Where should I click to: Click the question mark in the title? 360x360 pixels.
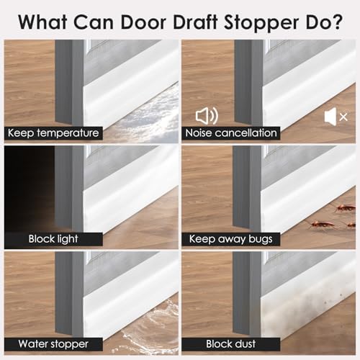tap(338, 21)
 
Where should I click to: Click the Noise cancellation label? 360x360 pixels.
tap(232, 133)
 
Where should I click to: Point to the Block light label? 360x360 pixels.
tap(54, 239)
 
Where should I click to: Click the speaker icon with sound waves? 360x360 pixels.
tap(207, 115)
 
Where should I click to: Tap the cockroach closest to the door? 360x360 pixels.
tap(318, 224)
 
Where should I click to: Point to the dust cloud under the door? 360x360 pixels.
tap(302, 317)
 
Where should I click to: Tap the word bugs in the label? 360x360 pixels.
tap(258, 239)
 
